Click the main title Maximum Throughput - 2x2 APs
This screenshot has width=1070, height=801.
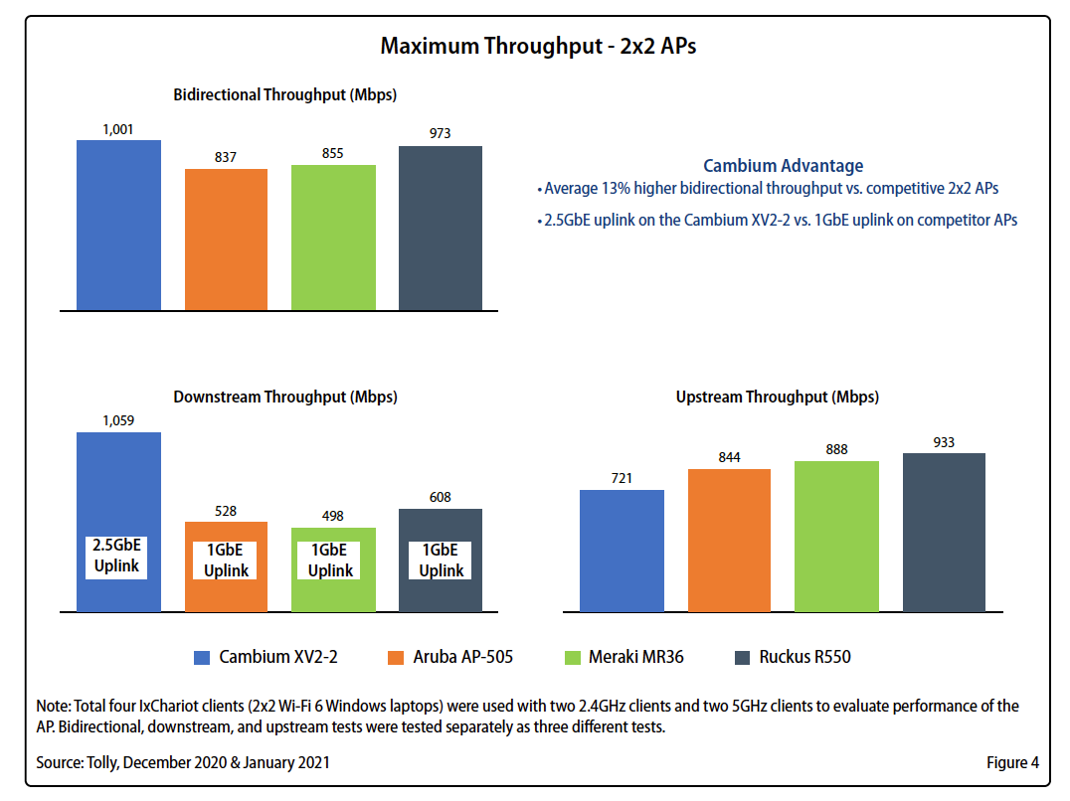coord(538,47)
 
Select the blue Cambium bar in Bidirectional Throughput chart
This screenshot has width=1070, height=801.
coord(118,226)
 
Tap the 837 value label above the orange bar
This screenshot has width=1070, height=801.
coord(226,157)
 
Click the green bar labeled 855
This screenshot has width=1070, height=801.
coord(333,238)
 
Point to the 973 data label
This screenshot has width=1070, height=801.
coord(440,133)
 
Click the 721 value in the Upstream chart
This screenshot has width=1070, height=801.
coord(622,478)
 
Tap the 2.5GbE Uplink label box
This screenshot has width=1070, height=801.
coord(118,558)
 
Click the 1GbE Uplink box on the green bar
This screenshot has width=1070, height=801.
coord(330,561)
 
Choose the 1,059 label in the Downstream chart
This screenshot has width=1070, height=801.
coord(118,420)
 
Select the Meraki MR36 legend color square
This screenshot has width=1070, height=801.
coord(571,657)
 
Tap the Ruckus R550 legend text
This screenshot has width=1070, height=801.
coord(804,657)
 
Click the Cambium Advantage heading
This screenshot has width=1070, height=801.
coord(783,166)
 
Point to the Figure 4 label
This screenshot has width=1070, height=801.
coord(1012,763)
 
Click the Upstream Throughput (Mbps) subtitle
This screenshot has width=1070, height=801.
coord(777,397)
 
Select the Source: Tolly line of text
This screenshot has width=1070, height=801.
coord(183,763)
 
